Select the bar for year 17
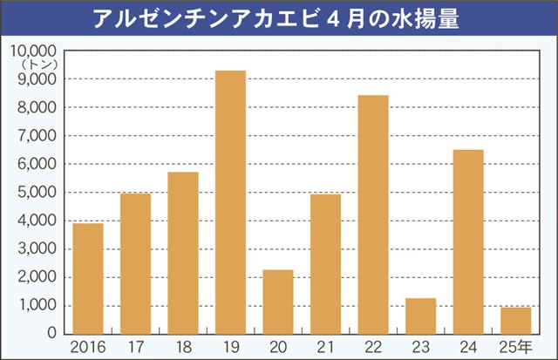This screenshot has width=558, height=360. pyautogui.click(x=135, y=263)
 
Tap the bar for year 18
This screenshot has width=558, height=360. pyautogui.click(x=183, y=253)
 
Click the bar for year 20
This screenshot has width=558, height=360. pyautogui.click(x=278, y=302)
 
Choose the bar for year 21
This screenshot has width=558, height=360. pyautogui.click(x=325, y=263)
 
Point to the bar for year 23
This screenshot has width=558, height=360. pyautogui.click(x=420, y=316)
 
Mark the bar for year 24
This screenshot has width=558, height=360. pyautogui.click(x=468, y=241)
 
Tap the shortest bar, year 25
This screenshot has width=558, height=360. pyautogui.click(x=515, y=320)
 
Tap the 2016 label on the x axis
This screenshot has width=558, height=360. pyautogui.click(x=88, y=347)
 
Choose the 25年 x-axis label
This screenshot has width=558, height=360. pyautogui.click(x=517, y=347)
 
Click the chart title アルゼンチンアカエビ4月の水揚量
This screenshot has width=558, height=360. pyautogui.click(x=279, y=17)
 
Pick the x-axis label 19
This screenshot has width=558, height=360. pyautogui.click(x=230, y=347)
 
